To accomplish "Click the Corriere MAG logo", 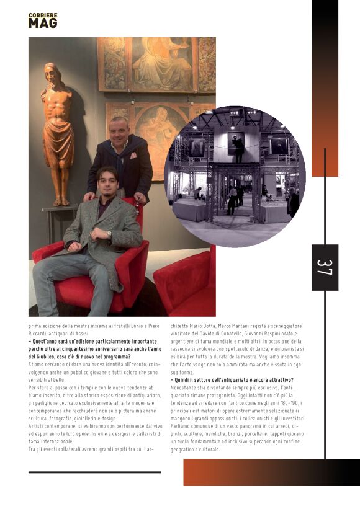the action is [x=43, y=20].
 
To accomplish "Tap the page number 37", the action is [x=325, y=267].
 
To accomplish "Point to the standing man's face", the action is [x=119, y=130].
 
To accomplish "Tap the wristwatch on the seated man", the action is [x=109, y=235].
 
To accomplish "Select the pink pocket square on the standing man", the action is [x=133, y=156].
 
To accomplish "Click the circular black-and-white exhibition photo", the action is [x=235, y=177].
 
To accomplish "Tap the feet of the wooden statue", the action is [x=61, y=202].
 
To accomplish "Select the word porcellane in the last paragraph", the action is [x=250, y=434].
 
